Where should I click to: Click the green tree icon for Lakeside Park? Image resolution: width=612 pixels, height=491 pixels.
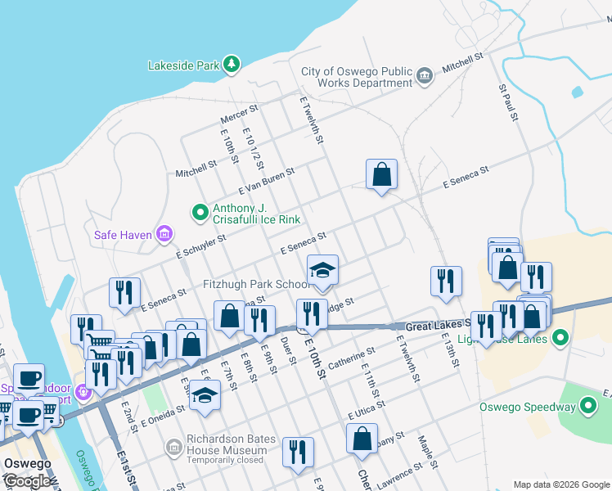(232, 64)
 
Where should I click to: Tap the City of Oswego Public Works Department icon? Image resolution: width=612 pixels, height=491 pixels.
(425, 77)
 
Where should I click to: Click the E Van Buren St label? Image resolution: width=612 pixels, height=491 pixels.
(266, 172)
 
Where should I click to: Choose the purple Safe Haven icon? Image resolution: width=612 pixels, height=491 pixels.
(164, 236)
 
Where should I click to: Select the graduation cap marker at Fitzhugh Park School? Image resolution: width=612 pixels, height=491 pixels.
(322, 271)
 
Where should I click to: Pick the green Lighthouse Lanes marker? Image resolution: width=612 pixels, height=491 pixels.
(560, 337)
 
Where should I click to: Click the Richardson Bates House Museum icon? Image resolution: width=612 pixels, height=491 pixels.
(173, 447)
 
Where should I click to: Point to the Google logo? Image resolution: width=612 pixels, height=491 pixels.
(27, 480)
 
